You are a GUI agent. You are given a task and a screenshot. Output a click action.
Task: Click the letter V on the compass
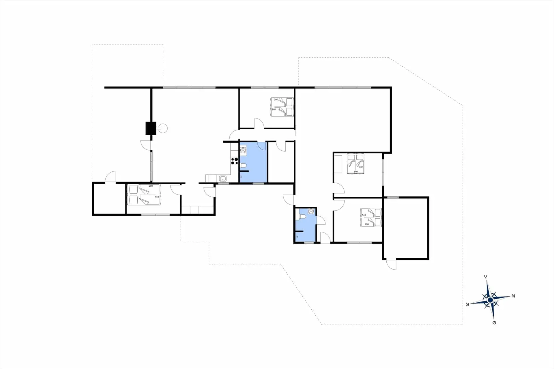tap(486, 277)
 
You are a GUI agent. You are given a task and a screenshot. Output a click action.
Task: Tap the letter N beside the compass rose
tap(513, 296)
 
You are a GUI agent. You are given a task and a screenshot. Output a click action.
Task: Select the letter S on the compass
tap(468, 304)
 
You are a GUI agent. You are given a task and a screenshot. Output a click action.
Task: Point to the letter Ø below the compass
tap(494, 323)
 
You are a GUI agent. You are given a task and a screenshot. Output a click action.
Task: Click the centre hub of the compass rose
tap(490, 300)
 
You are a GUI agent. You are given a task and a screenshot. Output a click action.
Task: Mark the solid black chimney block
tap(151, 128)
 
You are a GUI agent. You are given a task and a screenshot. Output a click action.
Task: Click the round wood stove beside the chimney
tap(162, 128)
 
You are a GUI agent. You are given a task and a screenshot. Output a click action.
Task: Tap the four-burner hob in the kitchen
tap(235, 161)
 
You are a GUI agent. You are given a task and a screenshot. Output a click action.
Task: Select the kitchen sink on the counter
tap(223, 179)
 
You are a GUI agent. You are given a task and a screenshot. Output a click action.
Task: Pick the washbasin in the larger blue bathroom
tap(243, 150)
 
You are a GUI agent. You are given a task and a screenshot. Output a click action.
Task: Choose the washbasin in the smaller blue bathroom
tap(310, 211)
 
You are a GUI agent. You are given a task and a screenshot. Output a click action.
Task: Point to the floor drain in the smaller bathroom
tap(297, 237)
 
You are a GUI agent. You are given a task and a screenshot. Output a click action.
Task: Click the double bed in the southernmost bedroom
tap(144, 195)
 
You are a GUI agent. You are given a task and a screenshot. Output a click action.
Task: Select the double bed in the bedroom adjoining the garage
tap(371, 218)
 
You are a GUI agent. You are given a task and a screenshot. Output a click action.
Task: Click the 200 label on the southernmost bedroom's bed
tap(151, 186)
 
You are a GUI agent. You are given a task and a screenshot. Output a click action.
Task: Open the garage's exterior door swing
tap(391, 265)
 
